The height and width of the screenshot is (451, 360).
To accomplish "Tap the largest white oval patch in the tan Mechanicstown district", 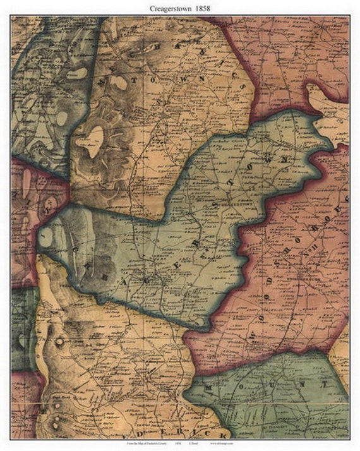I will click(x=95, y=135).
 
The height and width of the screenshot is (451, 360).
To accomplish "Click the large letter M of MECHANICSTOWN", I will click(x=102, y=82).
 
